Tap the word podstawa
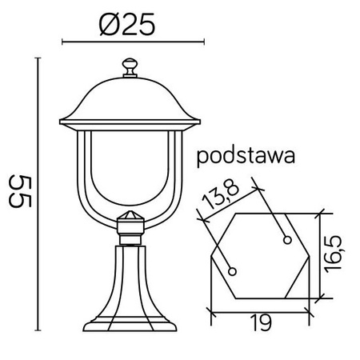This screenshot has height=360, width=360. [x=246, y=155]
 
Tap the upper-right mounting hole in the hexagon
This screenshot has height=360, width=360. [x=286, y=238]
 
